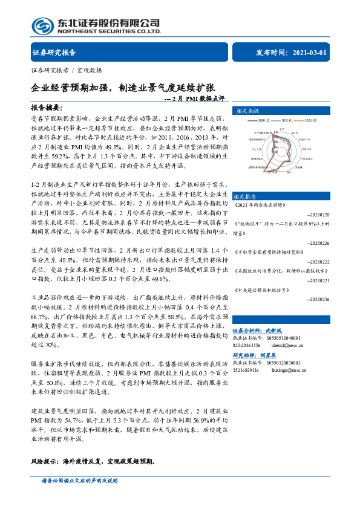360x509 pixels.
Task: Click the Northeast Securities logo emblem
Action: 42,26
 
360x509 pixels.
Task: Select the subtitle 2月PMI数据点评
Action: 194,98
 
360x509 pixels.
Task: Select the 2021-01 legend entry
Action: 294,120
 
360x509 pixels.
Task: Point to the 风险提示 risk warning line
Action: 93,461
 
